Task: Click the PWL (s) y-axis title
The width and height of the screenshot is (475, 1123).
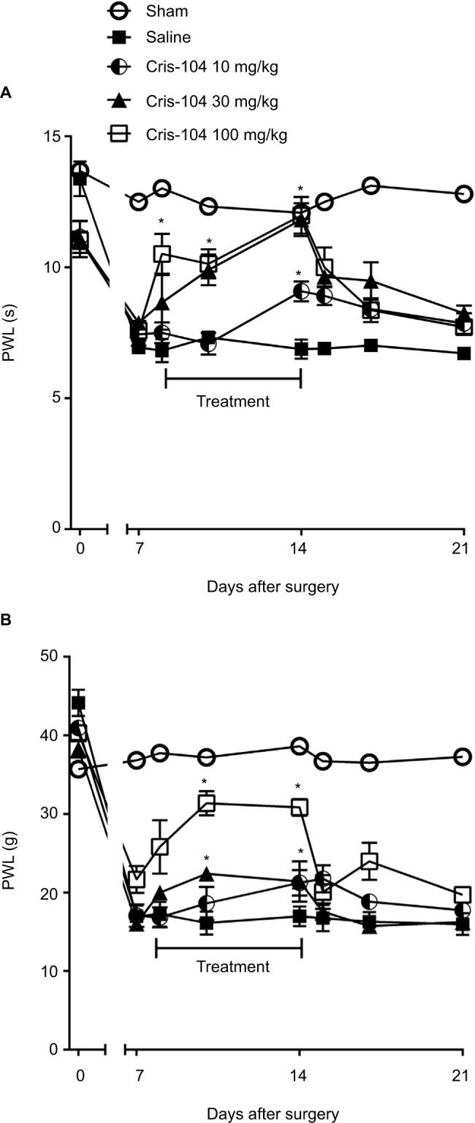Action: coord(10,332)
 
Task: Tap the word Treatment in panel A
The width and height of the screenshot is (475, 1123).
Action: coord(233,401)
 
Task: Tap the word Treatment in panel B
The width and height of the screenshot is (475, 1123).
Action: coord(233,967)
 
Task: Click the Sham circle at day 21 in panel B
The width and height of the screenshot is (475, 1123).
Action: coord(463,757)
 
